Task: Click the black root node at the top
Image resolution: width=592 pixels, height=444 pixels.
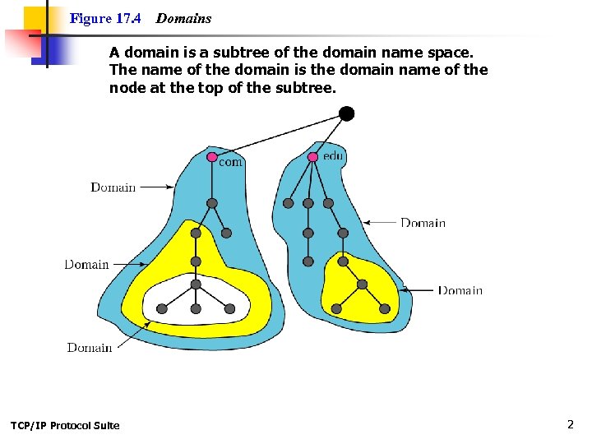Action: coord(346,113)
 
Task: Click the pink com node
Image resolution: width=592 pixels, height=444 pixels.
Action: coord(212,156)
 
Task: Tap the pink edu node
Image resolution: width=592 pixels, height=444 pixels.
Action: coord(312,156)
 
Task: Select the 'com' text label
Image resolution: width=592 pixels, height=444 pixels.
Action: coord(230,163)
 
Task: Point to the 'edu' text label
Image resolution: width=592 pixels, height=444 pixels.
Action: coord(333,155)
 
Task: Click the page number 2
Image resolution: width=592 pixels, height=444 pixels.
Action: coord(570,424)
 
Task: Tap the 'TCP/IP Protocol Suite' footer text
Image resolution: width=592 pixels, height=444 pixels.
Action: coord(65,425)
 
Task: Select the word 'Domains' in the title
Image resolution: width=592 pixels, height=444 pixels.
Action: coord(183,18)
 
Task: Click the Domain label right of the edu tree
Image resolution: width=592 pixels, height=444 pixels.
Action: coord(423,223)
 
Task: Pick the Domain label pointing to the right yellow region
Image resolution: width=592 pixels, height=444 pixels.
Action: coord(460,290)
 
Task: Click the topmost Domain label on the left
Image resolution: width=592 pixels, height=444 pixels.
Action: coord(113,187)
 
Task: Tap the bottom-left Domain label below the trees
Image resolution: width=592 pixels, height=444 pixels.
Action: coord(90,348)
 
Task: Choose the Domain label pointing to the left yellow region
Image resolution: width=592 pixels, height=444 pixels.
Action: coord(86,265)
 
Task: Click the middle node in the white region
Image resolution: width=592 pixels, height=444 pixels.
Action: coord(196,308)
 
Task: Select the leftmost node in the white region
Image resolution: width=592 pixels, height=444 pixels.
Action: coord(162,308)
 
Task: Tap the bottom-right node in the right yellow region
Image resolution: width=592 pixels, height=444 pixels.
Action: coord(385,308)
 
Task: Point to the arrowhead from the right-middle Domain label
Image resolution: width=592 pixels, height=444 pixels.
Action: coord(367,222)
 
